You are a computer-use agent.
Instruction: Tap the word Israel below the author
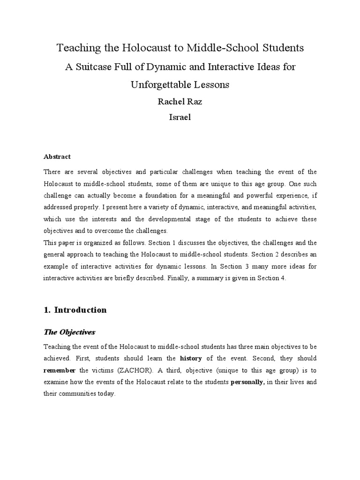pos(180,118)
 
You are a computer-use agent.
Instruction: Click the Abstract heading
pos(57,157)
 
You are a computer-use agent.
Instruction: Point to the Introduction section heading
pos(80,310)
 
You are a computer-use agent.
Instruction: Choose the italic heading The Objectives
pos(69,332)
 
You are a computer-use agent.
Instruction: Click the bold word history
pos(191,359)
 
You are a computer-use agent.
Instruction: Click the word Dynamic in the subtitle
pos(167,67)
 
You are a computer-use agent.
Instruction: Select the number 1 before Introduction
pos(46,310)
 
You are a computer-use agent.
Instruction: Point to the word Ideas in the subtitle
pos(269,67)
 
